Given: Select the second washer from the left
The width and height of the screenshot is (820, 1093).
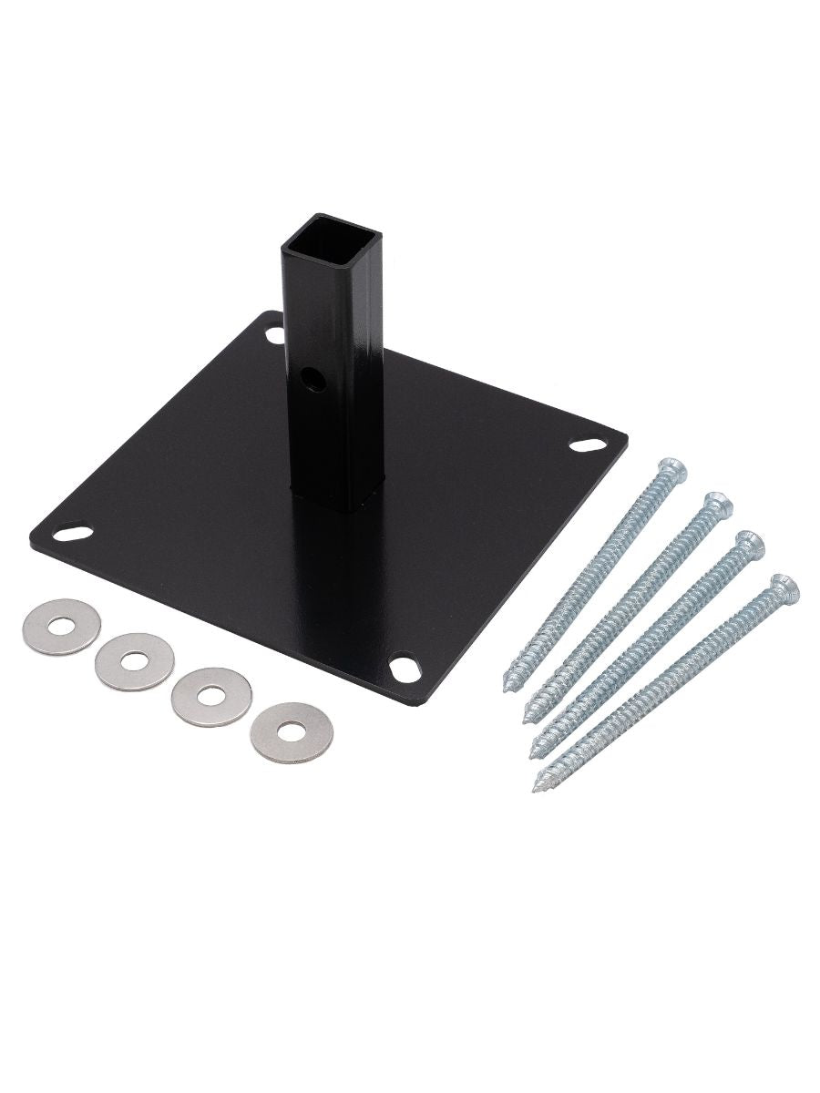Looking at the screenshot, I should pos(135,659).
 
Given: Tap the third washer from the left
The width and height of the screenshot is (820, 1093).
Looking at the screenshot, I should pos(212,697).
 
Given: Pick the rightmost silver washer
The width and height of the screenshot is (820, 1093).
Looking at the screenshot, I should pos(292,731).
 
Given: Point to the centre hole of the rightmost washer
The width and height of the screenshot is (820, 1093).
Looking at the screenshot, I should pos(292,731).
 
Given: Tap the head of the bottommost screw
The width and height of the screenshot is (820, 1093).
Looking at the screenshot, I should pos(784,589).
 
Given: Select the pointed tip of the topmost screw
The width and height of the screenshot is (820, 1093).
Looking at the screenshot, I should pos(510,684).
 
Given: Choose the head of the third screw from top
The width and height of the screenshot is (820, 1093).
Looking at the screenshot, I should pos(751,545).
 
